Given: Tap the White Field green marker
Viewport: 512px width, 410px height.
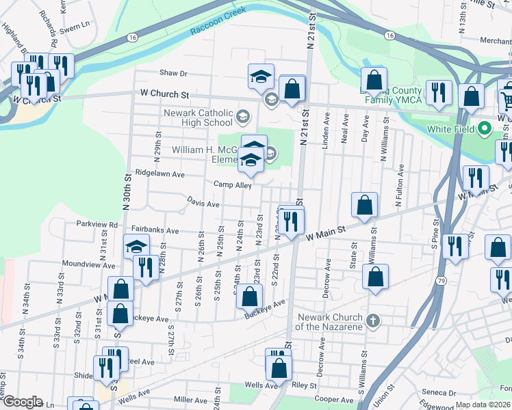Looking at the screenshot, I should [x=485, y=128].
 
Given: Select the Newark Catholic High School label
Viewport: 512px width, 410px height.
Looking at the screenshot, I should [x=197, y=118].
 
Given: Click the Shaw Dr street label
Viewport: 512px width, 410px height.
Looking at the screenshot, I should [x=173, y=73].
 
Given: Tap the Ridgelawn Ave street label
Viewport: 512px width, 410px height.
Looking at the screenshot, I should [x=160, y=174].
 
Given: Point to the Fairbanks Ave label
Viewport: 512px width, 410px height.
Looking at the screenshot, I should [x=155, y=231].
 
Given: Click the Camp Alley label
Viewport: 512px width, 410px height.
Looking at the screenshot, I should [x=233, y=184].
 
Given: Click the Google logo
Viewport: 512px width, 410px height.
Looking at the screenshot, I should [x=22, y=402].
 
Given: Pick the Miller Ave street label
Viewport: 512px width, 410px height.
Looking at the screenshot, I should [x=191, y=399].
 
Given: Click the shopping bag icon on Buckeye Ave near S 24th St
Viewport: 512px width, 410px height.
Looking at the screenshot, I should [x=251, y=297].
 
